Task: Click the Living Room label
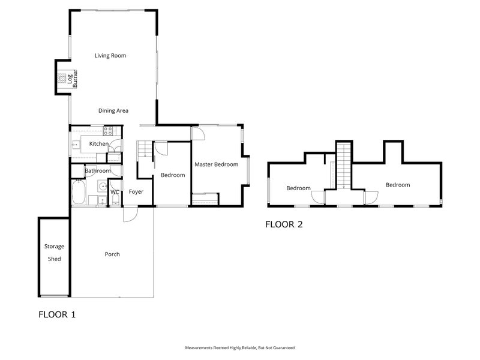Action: click(110, 56)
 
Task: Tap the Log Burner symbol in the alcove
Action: click(62, 77)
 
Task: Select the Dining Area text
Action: click(113, 110)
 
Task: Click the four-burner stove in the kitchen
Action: click(109, 130)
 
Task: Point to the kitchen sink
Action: click(77, 144)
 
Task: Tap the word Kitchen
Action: click(99, 144)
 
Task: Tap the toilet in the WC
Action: click(114, 199)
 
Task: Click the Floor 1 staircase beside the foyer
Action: click(145, 149)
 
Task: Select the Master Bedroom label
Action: click(216, 164)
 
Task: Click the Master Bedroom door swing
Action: click(199, 134)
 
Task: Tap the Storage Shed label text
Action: click(54, 253)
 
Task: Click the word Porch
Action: click(112, 254)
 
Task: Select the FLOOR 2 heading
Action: click(284, 225)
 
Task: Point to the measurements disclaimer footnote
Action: click(239, 347)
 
